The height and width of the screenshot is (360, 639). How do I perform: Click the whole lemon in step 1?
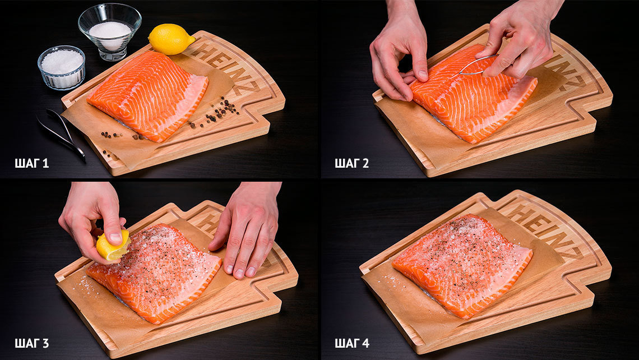coord(171,39)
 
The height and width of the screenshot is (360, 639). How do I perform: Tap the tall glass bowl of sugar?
coord(110,31)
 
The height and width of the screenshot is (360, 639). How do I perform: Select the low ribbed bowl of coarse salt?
coord(62,67)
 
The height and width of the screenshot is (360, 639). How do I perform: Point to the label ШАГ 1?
coord(32,164)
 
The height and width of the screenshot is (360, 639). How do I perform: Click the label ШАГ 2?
coord(351,164)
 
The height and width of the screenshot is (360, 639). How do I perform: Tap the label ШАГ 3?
coord(32,343)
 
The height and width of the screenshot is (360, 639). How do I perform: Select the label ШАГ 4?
coord(351,343)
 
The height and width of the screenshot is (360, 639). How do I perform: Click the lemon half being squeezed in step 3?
coord(113,246)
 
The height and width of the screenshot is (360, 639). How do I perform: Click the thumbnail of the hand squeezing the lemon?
coord(115,237)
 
